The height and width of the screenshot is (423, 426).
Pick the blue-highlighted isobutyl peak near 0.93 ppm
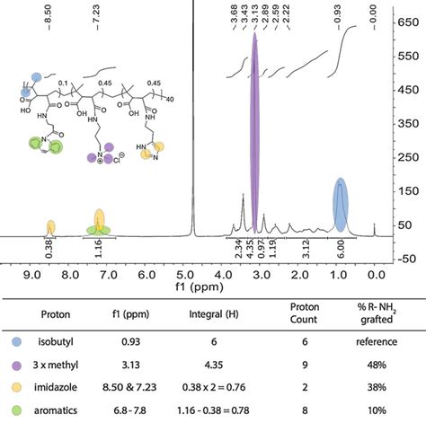(340, 207)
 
